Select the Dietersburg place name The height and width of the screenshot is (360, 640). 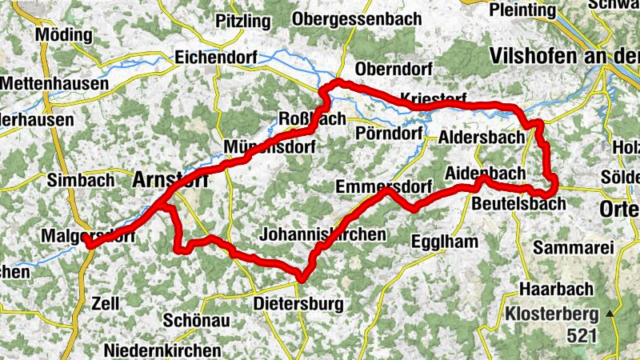click(298, 304)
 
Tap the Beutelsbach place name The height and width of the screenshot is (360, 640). click(518, 204)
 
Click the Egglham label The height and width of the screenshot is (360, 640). click(443, 241)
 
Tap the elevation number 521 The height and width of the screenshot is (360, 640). click(582, 335)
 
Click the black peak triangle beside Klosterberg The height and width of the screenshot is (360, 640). click(612, 314)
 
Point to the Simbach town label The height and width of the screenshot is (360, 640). click(81, 180)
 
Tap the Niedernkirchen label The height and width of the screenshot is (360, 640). click(162, 350)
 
